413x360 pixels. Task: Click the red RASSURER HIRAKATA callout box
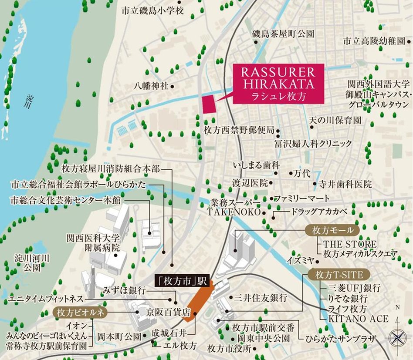[278, 84]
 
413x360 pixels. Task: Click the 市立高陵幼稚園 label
[374, 41]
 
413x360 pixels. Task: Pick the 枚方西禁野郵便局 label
[239, 130]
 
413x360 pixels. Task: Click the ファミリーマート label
[302, 199]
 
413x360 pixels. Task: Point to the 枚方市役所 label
[230, 348]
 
